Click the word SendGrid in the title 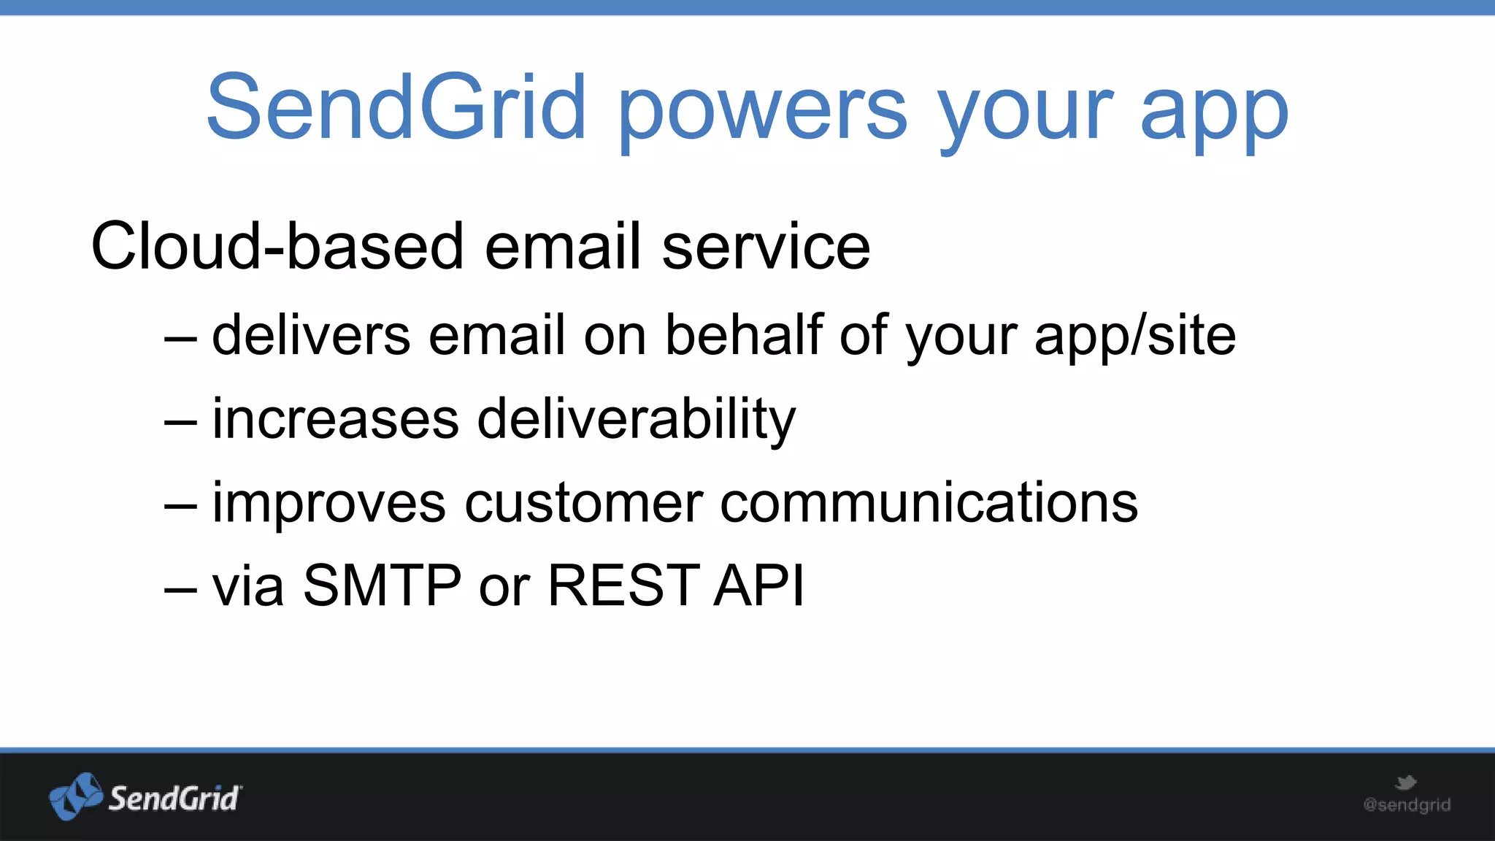click(x=396, y=108)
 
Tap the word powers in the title click(x=763, y=110)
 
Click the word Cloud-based click(x=277, y=247)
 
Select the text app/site click(x=1135, y=337)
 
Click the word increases click(x=336, y=419)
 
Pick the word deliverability click(x=636, y=420)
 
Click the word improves click(x=329, y=503)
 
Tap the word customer click(x=583, y=503)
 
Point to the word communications click(x=929, y=503)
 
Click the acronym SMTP click(x=382, y=585)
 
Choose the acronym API click(x=759, y=585)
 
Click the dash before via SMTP click(x=180, y=588)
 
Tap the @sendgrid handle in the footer click(x=1407, y=805)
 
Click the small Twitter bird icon click(x=1405, y=783)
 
